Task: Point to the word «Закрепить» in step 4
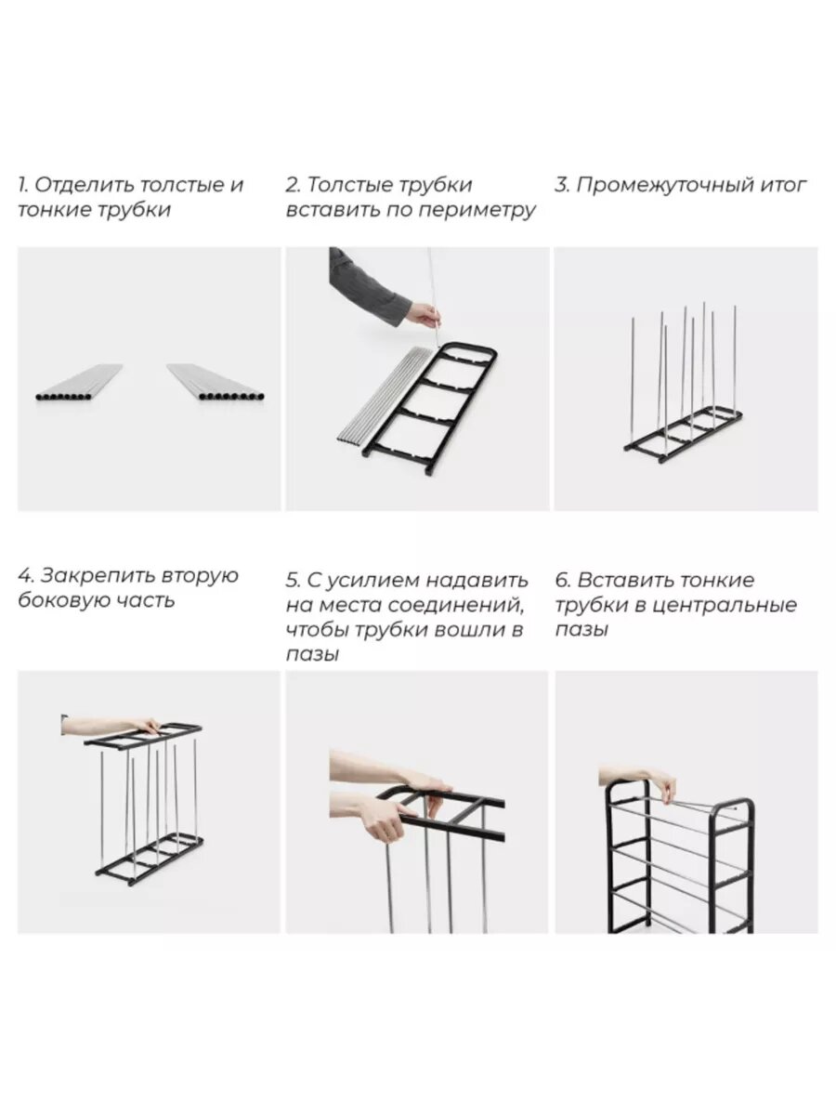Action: coord(96,576)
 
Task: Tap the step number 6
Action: coord(562,580)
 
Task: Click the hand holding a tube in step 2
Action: coord(424,313)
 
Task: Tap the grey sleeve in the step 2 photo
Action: coord(363,284)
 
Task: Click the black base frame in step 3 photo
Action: coord(683,438)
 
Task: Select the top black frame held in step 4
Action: coord(143,737)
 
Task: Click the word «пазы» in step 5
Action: coord(312,655)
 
